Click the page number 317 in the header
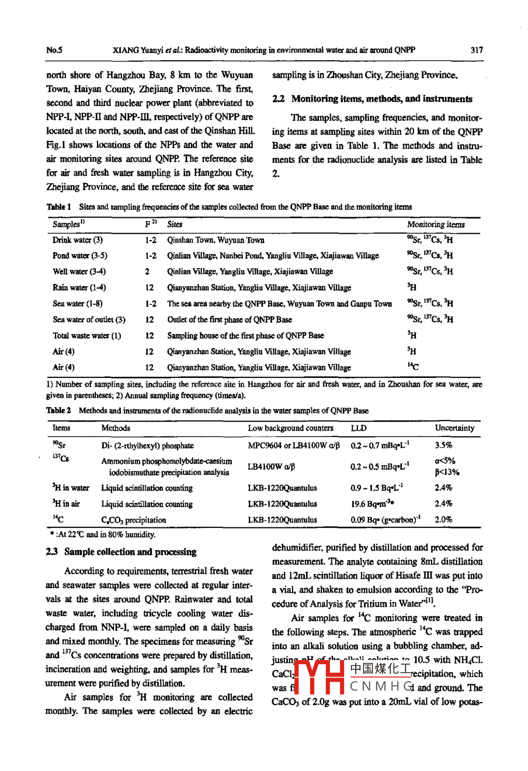tap(477, 50)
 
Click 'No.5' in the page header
tap(54, 50)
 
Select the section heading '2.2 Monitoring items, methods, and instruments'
tap(372, 99)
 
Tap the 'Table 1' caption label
tap(58, 207)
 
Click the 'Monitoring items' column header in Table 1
tap(436, 224)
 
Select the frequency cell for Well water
tap(148, 272)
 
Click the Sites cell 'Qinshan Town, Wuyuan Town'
tap(216, 240)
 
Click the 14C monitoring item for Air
tap(412, 367)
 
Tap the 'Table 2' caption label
tap(58, 411)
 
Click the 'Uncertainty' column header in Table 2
tap(454, 428)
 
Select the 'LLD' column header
tap(359, 428)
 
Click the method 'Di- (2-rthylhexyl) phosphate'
tap(147, 446)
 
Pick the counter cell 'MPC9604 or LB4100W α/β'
tap(293, 446)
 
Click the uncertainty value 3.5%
tap(443, 446)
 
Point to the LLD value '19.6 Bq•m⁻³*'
tap(373, 503)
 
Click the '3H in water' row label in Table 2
tap(71, 488)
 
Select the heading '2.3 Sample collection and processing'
tap(121, 552)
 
